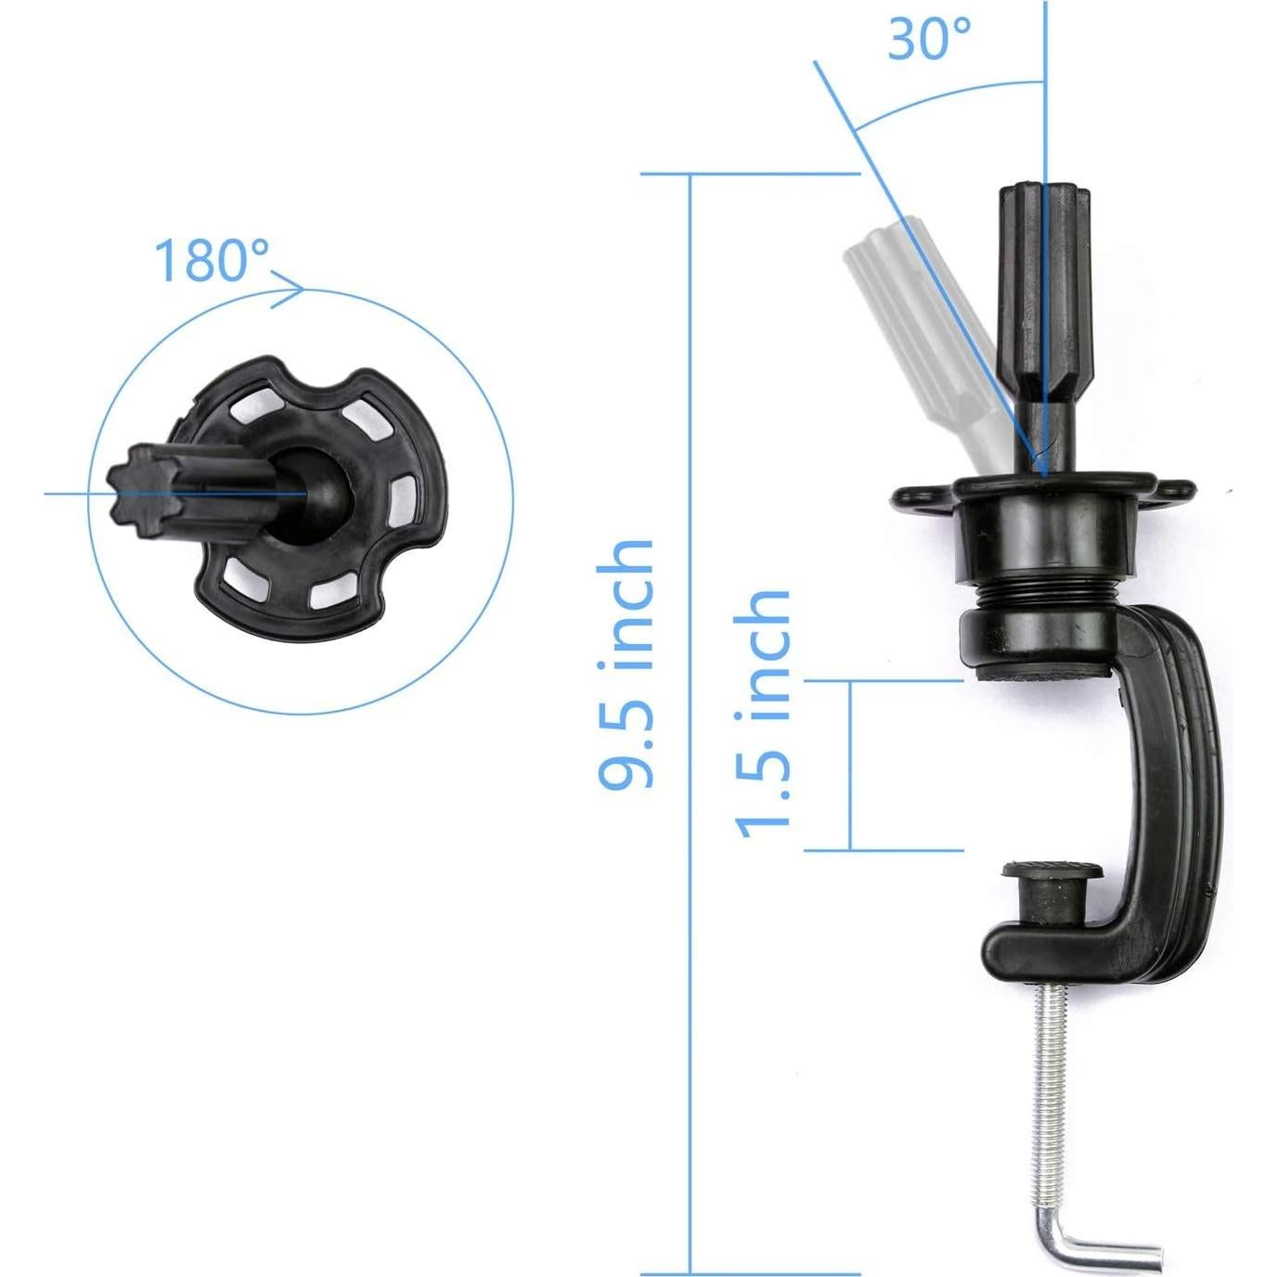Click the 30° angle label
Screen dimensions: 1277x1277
point(929,38)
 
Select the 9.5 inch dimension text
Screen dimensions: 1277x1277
point(627,664)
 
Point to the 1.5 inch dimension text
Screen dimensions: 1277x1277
point(764,713)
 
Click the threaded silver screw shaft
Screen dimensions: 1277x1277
point(1040,1086)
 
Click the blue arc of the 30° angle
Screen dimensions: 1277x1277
point(937,96)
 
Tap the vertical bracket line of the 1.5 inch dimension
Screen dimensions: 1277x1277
point(850,765)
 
